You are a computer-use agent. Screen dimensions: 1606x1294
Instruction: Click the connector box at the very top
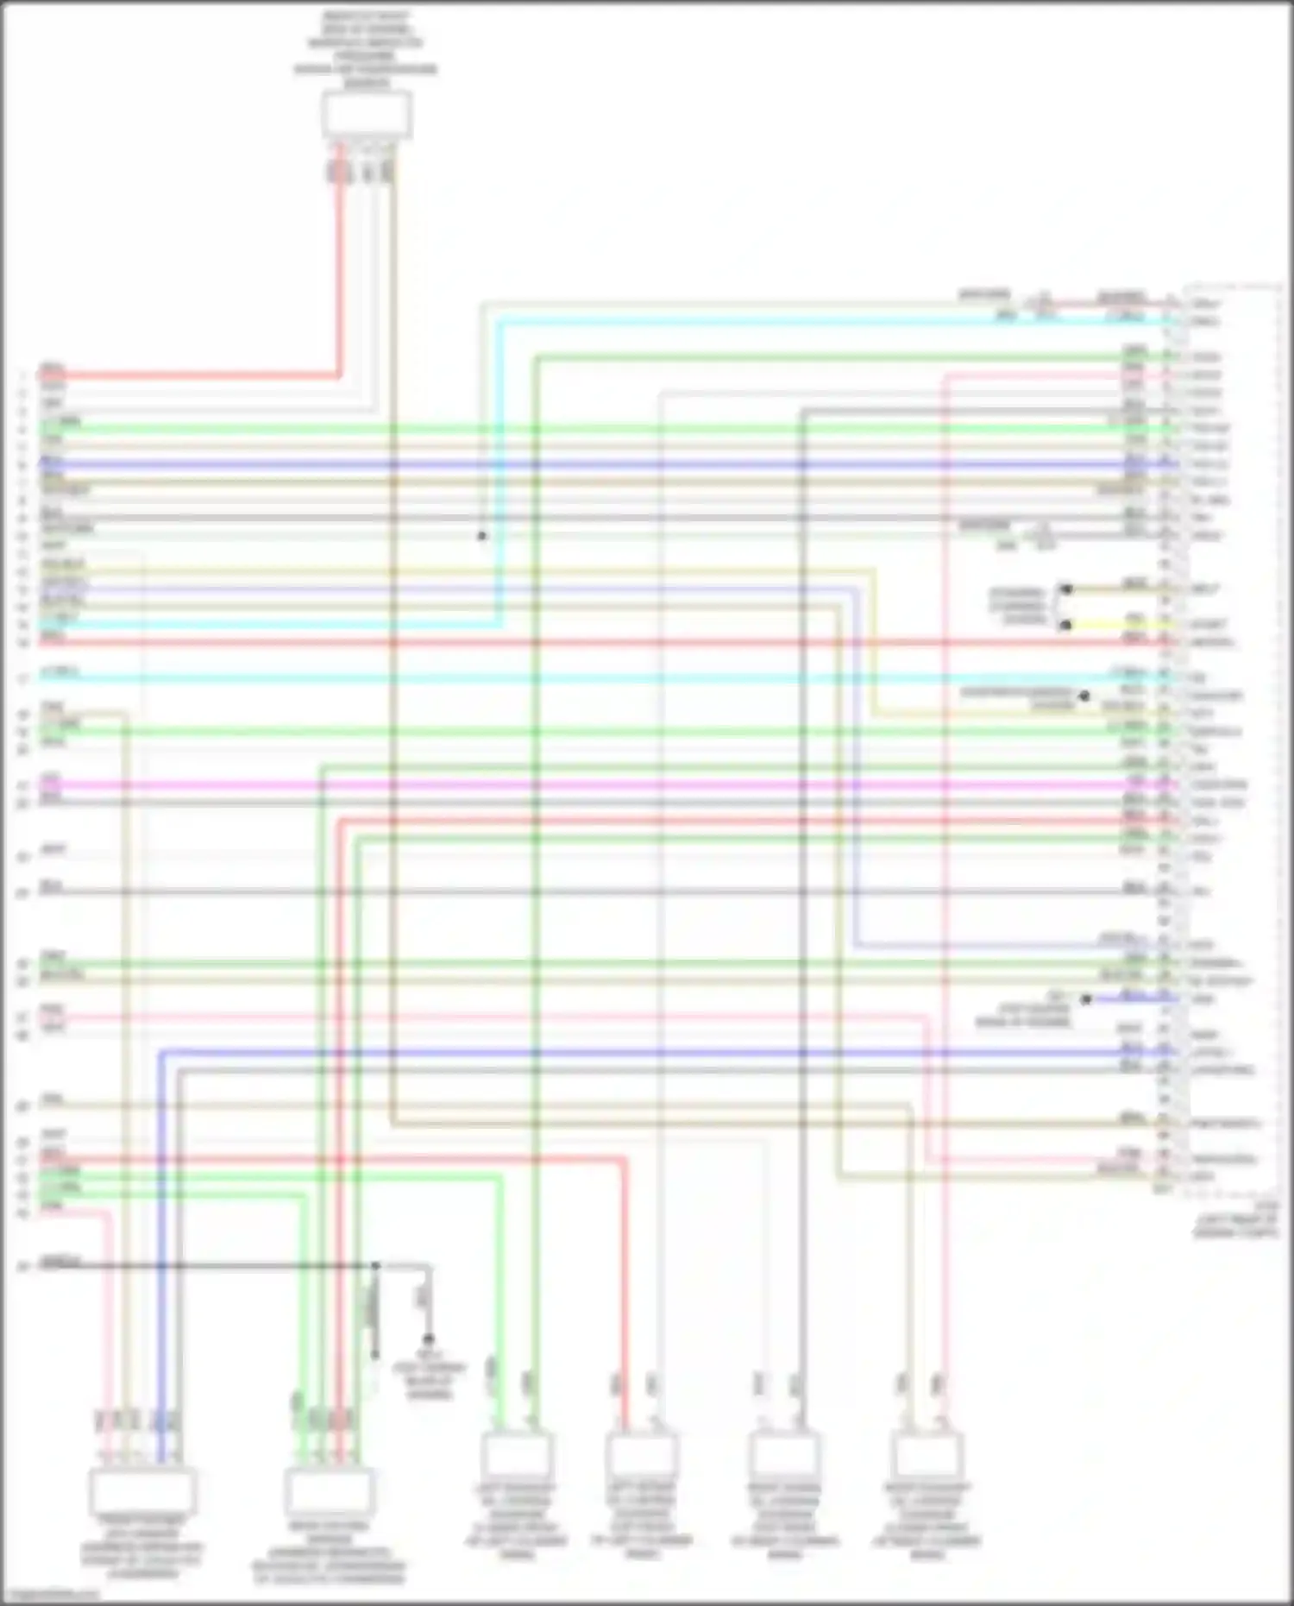[367, 115]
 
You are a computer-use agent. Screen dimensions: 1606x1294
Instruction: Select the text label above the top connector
[366, 50]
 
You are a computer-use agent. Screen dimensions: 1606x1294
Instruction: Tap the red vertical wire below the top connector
[340, 276]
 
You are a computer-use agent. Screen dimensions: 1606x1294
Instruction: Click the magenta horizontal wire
[604, 785]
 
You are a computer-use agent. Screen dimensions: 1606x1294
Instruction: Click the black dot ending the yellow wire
[1065, 625]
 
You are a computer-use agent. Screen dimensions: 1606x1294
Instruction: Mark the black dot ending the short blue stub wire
[1086, 999]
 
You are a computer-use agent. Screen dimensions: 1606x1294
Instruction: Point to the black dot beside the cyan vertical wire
[482, 536]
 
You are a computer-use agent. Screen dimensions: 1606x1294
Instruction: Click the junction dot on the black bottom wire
[376, 1266]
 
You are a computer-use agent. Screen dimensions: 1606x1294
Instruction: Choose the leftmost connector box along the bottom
[142, 1490]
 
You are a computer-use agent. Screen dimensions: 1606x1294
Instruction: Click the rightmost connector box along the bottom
[927, 1456]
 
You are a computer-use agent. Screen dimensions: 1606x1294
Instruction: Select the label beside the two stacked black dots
[1018, 607]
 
